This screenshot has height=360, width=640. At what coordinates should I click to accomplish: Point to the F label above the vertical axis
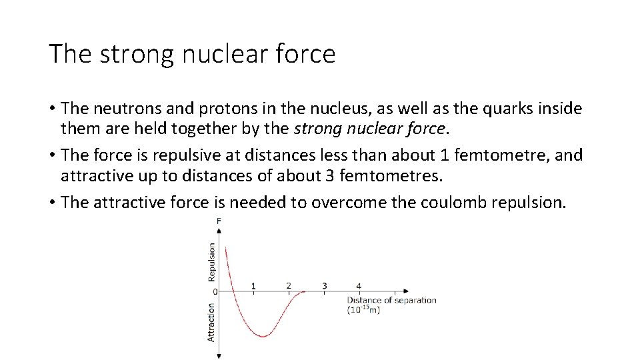[219, 221]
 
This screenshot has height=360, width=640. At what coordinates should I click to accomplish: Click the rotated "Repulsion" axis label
[212, 261]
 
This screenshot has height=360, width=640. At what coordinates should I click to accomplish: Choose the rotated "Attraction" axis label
[211, 323]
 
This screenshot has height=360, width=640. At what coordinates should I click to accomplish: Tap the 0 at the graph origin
[215, 291]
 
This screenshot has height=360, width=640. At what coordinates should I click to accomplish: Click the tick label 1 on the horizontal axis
[253, 286]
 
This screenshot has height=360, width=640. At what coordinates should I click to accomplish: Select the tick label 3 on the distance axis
[324, 286]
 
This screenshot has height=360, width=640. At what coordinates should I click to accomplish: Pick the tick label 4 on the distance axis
[359, 286]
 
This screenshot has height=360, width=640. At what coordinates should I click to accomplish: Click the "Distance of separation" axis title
[391, 300]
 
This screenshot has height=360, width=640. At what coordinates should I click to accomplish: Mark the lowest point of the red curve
[263, 337]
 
